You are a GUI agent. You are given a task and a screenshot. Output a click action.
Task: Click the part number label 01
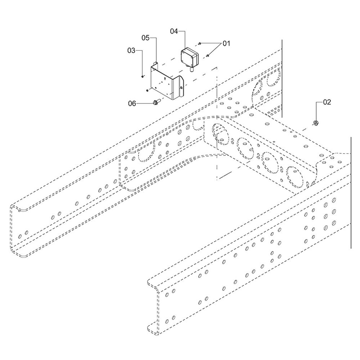click(x=226, y=44)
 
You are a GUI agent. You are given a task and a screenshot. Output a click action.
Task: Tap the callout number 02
click(x=327, y=102)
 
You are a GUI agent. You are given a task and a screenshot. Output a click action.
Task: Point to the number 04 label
click(x=174, y=31)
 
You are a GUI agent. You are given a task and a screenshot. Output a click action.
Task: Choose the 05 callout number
click(x=145, y=37)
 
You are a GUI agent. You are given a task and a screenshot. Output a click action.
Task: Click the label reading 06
click(x=132, y=104)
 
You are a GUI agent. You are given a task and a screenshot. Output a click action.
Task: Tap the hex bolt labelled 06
click(x=157, y=103)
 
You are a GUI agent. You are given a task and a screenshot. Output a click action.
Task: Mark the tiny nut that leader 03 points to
click(x=143, y=76)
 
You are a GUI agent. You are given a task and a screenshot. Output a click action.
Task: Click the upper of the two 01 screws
click(x=199, y=44)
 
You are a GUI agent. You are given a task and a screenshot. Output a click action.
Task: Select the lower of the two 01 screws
click(x=208, y=55)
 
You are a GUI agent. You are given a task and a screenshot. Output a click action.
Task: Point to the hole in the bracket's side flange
click(x=181, y=87)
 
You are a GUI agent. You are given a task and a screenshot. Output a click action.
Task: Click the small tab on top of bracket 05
click(x=156, y=64)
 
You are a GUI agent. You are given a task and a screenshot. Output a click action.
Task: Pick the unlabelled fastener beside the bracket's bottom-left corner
click(x=147, y=90)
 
